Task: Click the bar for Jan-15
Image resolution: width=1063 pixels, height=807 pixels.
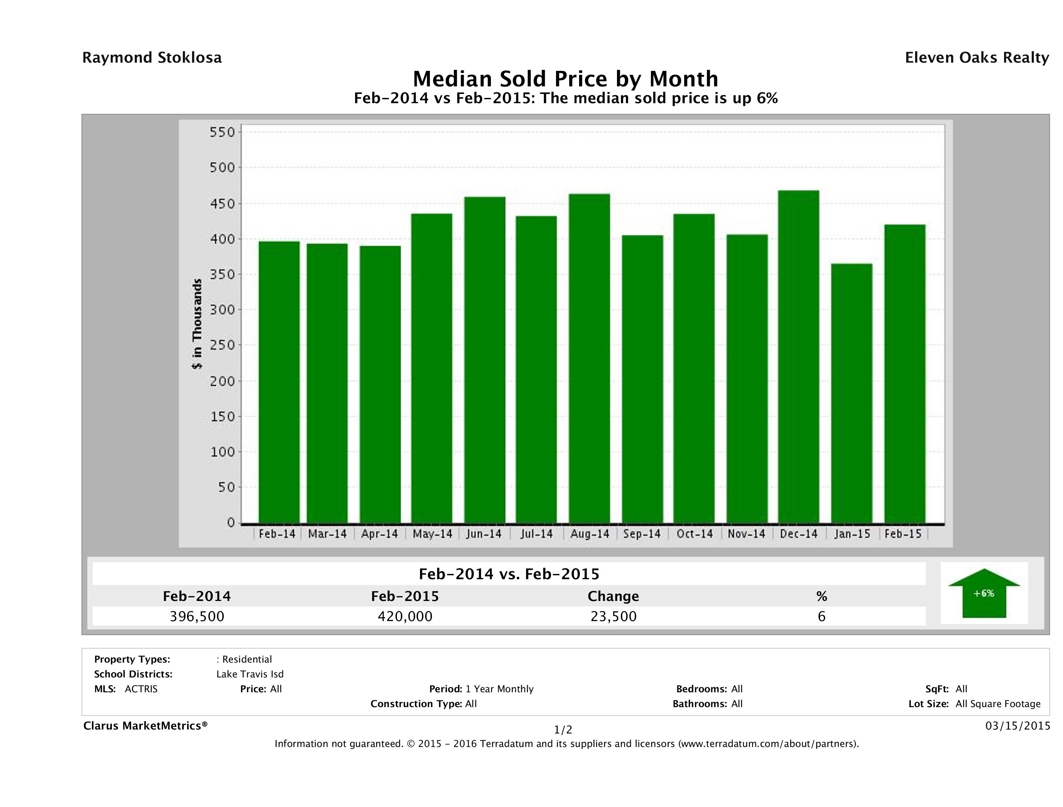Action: pos(851,393)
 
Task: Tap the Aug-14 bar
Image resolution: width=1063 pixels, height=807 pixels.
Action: pos(589,358)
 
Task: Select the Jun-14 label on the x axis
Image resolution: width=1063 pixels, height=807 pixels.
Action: pos(484,534)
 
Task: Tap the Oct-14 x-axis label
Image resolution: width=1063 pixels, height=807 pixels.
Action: pos(694,534)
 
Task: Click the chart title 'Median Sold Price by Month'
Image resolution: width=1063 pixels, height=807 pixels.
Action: pos(565,78)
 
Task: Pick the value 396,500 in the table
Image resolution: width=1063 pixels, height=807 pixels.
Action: pos(197,616)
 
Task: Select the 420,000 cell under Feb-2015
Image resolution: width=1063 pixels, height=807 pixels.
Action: pos(405,616)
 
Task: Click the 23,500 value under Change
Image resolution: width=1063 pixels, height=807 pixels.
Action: pos(613,616)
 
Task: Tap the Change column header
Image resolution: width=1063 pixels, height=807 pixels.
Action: pos(613,596)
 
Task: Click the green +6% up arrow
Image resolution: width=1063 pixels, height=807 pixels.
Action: pos(984,593)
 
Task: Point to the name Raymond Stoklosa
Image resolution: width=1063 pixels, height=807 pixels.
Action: pos(152,58)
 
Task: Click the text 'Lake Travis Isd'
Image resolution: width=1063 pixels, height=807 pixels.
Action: pos(250,674)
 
